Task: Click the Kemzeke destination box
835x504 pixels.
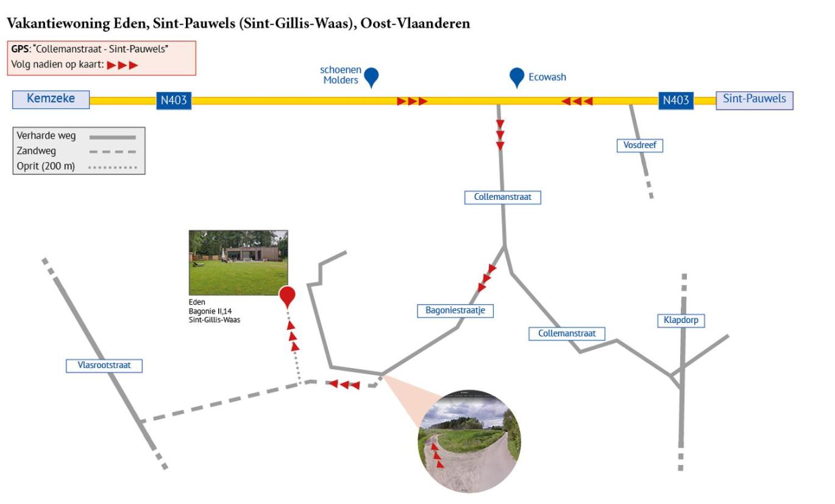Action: pos(51,99)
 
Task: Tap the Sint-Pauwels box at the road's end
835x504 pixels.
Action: pos(755,99)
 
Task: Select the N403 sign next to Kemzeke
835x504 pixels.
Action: pos(174,101)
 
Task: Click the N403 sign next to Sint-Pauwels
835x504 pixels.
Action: pos(675,101)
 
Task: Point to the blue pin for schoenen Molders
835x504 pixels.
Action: pos(371,77)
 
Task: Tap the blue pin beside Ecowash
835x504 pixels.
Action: pos(517,77)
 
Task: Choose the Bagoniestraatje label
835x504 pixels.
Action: pos(455,311)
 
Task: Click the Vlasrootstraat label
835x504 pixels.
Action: pos(104,366)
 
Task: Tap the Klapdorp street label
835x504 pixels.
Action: pos(681,321)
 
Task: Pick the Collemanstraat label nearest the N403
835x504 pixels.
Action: pos(503,197)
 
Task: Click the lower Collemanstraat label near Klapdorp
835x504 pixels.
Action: pos(567,333)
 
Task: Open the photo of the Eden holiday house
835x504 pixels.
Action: pos(238,263)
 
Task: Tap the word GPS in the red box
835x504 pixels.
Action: pos(20,49)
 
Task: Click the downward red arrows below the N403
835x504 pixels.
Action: pos(500,135)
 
